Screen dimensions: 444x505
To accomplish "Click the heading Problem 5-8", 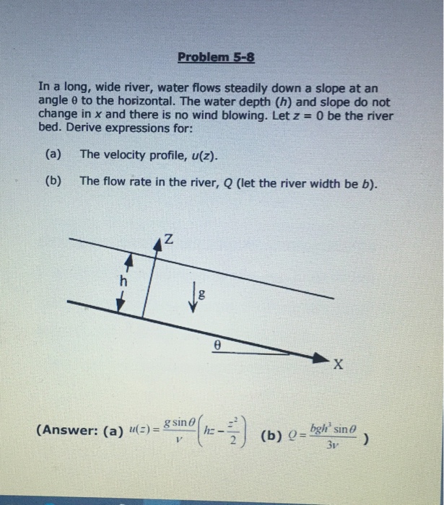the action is (216, 57).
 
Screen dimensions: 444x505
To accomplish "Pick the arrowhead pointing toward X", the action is (318, 356).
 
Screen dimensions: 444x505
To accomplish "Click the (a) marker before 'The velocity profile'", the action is (53, 154).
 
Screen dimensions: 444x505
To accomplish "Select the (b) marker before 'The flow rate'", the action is (53, 181).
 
